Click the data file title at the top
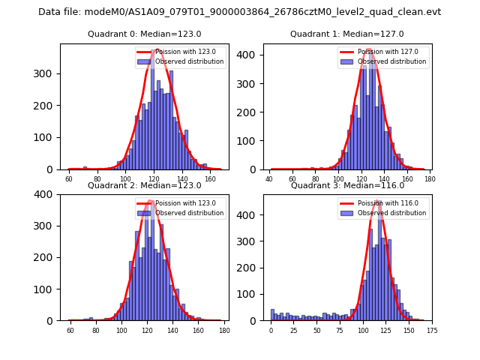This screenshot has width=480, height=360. point(239,12)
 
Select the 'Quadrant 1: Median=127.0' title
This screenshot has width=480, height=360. point(347,34)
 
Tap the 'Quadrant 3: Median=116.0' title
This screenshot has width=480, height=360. point(347,185)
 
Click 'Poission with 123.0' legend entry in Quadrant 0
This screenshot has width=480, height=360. point(184,52)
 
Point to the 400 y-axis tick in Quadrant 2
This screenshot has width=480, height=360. point(46,194)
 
